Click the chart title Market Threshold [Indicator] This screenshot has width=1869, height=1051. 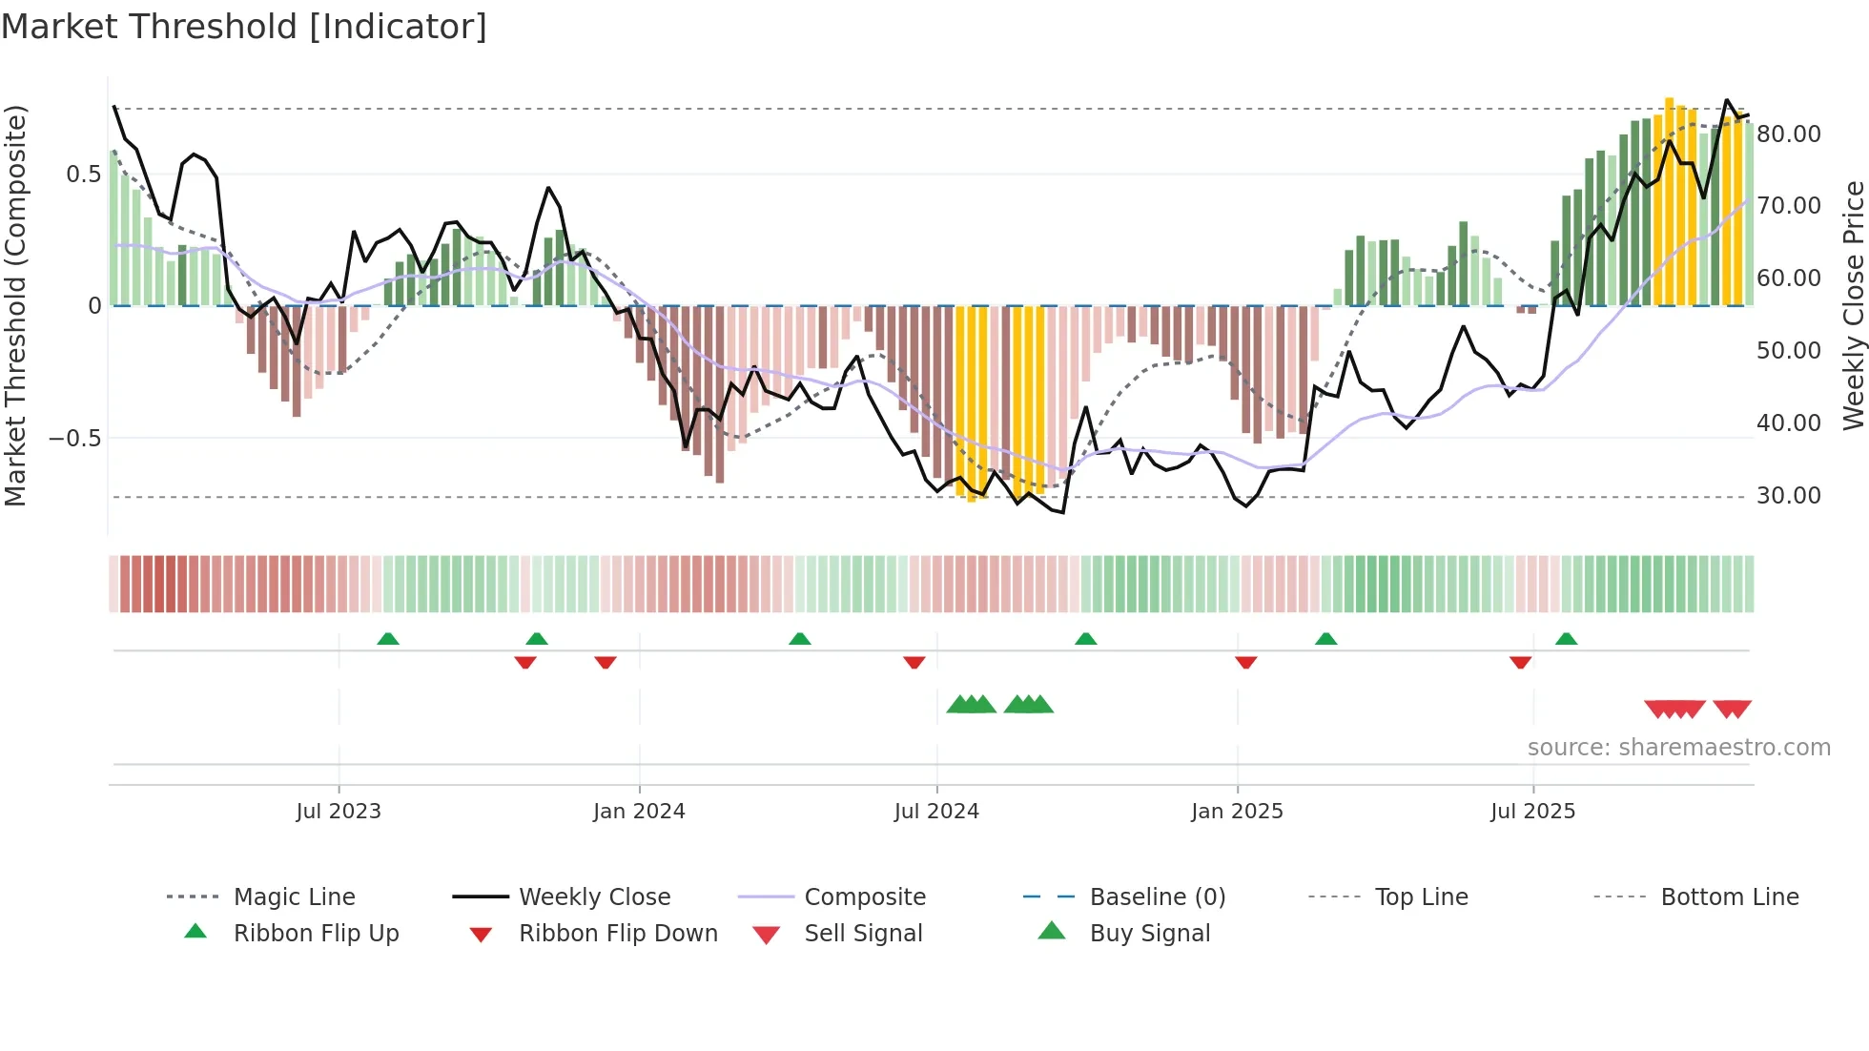244,27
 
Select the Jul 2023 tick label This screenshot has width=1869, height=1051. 339,812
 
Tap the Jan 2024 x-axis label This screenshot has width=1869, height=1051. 639,812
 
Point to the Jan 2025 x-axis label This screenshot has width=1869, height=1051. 1237,812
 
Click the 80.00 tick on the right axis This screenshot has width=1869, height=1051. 1788,134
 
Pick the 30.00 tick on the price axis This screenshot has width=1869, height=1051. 1788,496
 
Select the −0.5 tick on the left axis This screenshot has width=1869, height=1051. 74,439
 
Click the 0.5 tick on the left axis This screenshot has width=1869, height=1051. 83,175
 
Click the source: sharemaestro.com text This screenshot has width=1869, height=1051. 1678,748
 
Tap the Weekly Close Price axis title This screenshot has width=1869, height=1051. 1853,305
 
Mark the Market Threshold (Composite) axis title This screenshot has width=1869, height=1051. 15,305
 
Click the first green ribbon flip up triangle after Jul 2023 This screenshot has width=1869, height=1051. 387,639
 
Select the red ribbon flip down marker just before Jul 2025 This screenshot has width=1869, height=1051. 1520,662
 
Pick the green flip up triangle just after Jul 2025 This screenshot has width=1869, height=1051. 1566,639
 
